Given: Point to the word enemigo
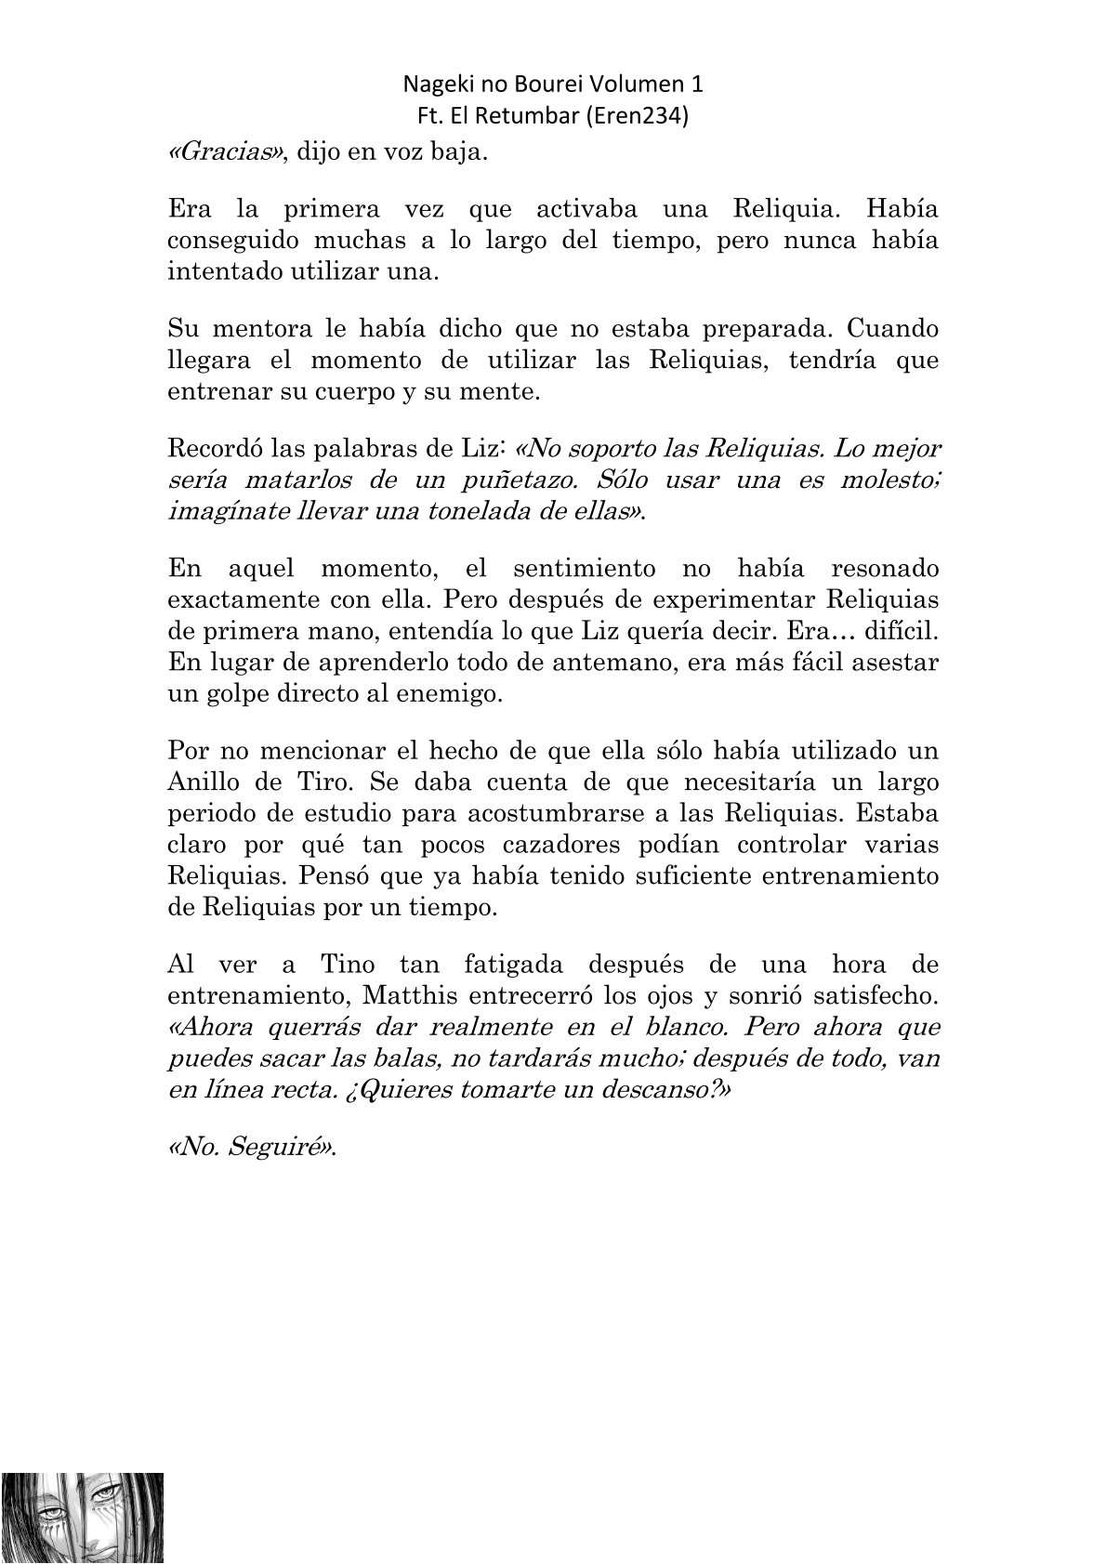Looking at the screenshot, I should (447, 694).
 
